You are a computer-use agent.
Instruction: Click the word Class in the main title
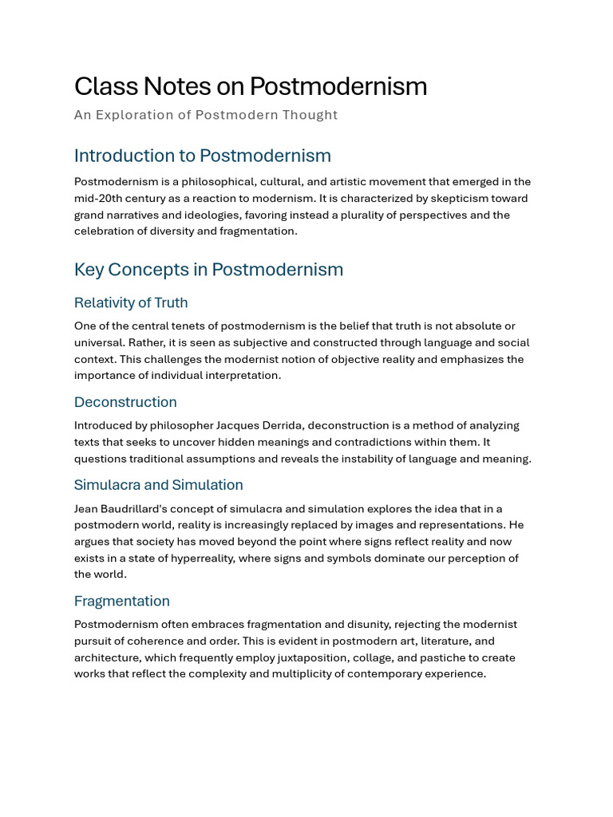click(102, 86)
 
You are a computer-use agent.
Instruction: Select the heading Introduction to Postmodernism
click(202, 156)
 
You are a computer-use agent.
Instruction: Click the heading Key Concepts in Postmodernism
click(208, 270)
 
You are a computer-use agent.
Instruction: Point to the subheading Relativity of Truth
click(131, 302)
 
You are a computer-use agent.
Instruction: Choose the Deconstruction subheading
click(125, 402)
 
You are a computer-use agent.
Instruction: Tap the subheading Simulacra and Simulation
click(158, 485)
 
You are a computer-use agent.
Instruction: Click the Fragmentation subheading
click(121, 601)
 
